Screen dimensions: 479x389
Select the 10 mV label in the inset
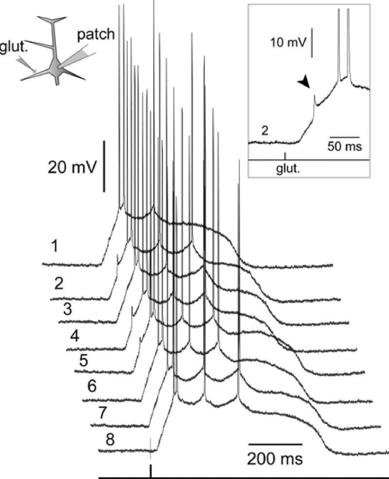pos(289,43)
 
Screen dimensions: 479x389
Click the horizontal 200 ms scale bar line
pos(276,444)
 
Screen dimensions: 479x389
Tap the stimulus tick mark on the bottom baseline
pos(151,472)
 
